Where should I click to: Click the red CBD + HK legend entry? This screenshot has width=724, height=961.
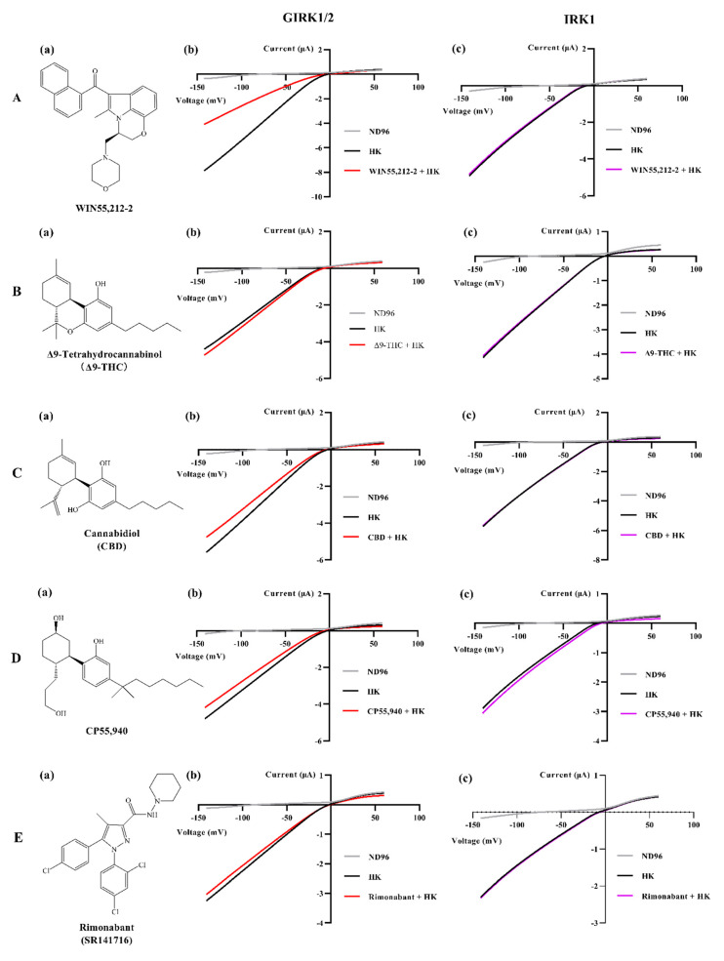click(382, 536)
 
